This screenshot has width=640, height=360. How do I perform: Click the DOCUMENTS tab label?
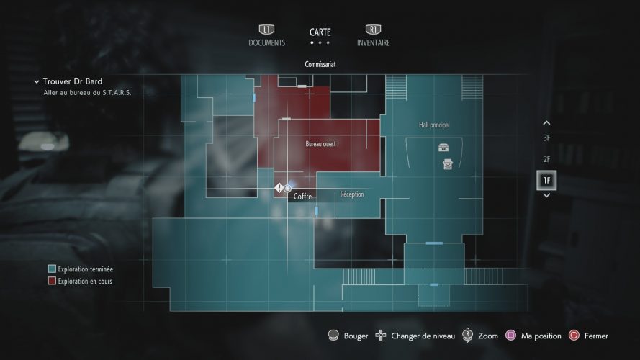[x=266, y=42]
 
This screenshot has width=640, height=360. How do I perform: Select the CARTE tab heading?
[x=320, y=32]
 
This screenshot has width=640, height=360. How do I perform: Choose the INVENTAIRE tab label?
[x=373, y=42]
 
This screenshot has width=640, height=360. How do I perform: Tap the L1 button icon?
[x=266, y=30]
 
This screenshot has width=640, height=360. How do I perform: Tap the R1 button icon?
[x=373, y=30]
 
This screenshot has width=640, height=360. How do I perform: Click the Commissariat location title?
[x=320, y=64]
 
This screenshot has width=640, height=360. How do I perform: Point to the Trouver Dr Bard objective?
[x=73, y=82]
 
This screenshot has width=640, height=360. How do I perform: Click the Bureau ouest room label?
[x=320, y=144]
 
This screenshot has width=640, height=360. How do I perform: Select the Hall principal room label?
[x=434, y=125]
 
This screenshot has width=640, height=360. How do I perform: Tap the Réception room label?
[x=352, y=194]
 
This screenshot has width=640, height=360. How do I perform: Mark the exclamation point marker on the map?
[x=279, y=188]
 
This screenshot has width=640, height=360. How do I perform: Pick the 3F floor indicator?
[x=546, y=138]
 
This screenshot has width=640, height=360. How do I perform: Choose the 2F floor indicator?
[x=546, y=159]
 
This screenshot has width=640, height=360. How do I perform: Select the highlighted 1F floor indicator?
[x=546, y=180]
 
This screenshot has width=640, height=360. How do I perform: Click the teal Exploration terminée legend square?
[x=52, y=269]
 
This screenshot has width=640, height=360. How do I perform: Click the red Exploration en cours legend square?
[x=52, y=281]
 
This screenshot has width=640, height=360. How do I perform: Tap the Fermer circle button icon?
[x=574, y=336]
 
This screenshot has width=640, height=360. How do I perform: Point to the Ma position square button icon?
[x=510, y=336]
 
